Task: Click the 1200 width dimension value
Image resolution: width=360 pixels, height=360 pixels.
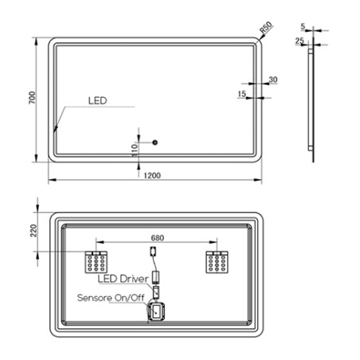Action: pyautogui.click(x=153, y=174)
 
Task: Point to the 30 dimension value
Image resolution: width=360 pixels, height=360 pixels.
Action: pyautogui.click(x=273, y=80)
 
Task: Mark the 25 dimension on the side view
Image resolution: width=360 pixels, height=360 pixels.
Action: pyautogui.click(x=299, y=40)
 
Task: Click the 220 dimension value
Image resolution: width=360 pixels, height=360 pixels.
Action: pyautogui.click(x=34, y=232)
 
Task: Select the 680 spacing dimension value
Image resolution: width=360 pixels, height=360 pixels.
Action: pyautogui.click(x=157, y=237)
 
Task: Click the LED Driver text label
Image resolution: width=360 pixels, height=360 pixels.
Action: pyautogui.click(x=123, y=279)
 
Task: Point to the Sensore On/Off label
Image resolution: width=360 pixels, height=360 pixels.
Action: pyautogui.click(x=111, y=298)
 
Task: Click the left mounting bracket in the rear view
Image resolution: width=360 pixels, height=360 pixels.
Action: pyautogui.click(x=97, y=261)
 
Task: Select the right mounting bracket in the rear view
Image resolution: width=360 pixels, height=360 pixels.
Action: pyautogui.click(x=216, y=261)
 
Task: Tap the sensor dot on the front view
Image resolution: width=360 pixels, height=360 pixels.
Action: pyautogui.click(x=155, y=143)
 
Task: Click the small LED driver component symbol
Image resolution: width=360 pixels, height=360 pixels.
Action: pyautogui.click(x=157, y=276)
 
